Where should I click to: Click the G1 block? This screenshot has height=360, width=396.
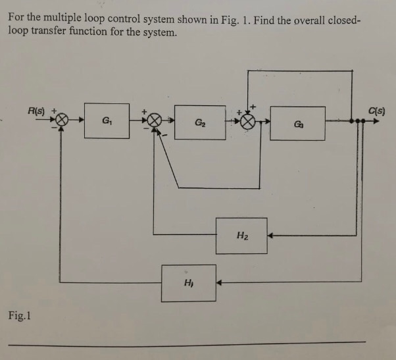coord(107,120)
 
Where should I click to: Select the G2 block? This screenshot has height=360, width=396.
coord(199,122)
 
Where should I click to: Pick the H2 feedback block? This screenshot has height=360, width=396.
coord(241,236)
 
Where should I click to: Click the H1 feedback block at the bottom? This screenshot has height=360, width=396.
coord(188,283)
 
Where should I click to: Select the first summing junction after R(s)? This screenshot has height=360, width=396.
coord(62,121)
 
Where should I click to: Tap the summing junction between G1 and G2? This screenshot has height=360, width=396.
coord(154,121)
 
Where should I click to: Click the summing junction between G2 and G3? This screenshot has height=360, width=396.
coord(247,122)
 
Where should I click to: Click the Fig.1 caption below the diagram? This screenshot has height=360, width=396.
coord(20,317)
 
